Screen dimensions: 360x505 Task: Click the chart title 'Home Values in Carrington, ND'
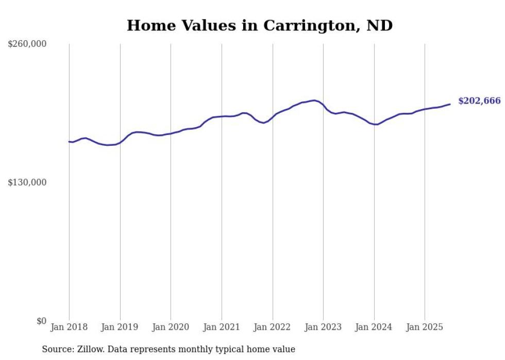260,25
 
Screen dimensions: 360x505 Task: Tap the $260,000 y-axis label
27,44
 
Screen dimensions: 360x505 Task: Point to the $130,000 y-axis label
27,182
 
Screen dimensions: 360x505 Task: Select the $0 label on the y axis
41,321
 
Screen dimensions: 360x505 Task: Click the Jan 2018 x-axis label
69,327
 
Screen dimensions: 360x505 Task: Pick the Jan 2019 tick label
120,327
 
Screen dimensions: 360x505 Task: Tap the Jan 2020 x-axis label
171,327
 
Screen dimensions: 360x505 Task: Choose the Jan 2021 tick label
222,327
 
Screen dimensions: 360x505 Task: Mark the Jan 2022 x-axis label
273,327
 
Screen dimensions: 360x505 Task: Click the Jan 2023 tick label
323,327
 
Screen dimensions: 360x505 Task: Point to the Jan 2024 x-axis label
374,327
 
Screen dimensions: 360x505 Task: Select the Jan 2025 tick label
425,327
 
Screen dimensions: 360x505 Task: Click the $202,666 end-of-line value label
479,101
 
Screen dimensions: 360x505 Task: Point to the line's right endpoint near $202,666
450,104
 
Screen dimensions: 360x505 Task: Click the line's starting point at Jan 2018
69,142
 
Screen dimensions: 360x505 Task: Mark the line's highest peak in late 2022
314,100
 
